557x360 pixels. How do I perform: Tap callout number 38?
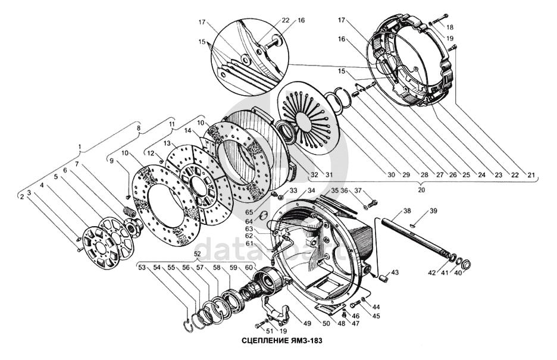coord(406,211)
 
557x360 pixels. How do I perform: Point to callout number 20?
coord(421,190)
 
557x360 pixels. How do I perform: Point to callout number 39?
coord(433,211)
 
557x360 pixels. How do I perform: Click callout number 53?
coord(142,268)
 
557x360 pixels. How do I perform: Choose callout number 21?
coord(531,175)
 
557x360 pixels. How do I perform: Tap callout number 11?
coord(171,124)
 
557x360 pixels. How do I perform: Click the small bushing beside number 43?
coord(384,277)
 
